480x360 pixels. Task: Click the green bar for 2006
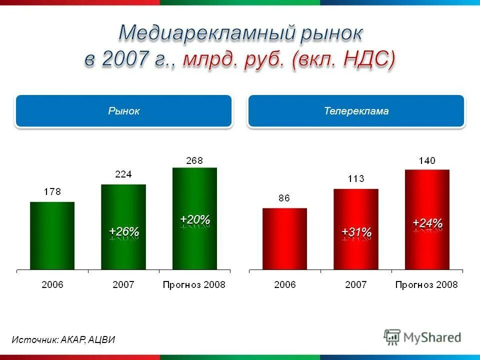52,236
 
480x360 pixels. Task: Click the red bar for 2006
284,239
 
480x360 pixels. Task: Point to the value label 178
52,192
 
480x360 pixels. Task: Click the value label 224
123,174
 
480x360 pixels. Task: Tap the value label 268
194,160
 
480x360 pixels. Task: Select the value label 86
284,198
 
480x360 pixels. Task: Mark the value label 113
356,179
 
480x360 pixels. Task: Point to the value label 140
427,160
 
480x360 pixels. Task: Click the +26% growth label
123,231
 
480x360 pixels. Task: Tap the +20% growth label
194,219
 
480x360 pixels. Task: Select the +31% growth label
356,232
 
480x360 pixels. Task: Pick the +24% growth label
427,223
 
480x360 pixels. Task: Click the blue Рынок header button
123,111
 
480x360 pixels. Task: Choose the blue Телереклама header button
356,111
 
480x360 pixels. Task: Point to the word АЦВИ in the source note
102,339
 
